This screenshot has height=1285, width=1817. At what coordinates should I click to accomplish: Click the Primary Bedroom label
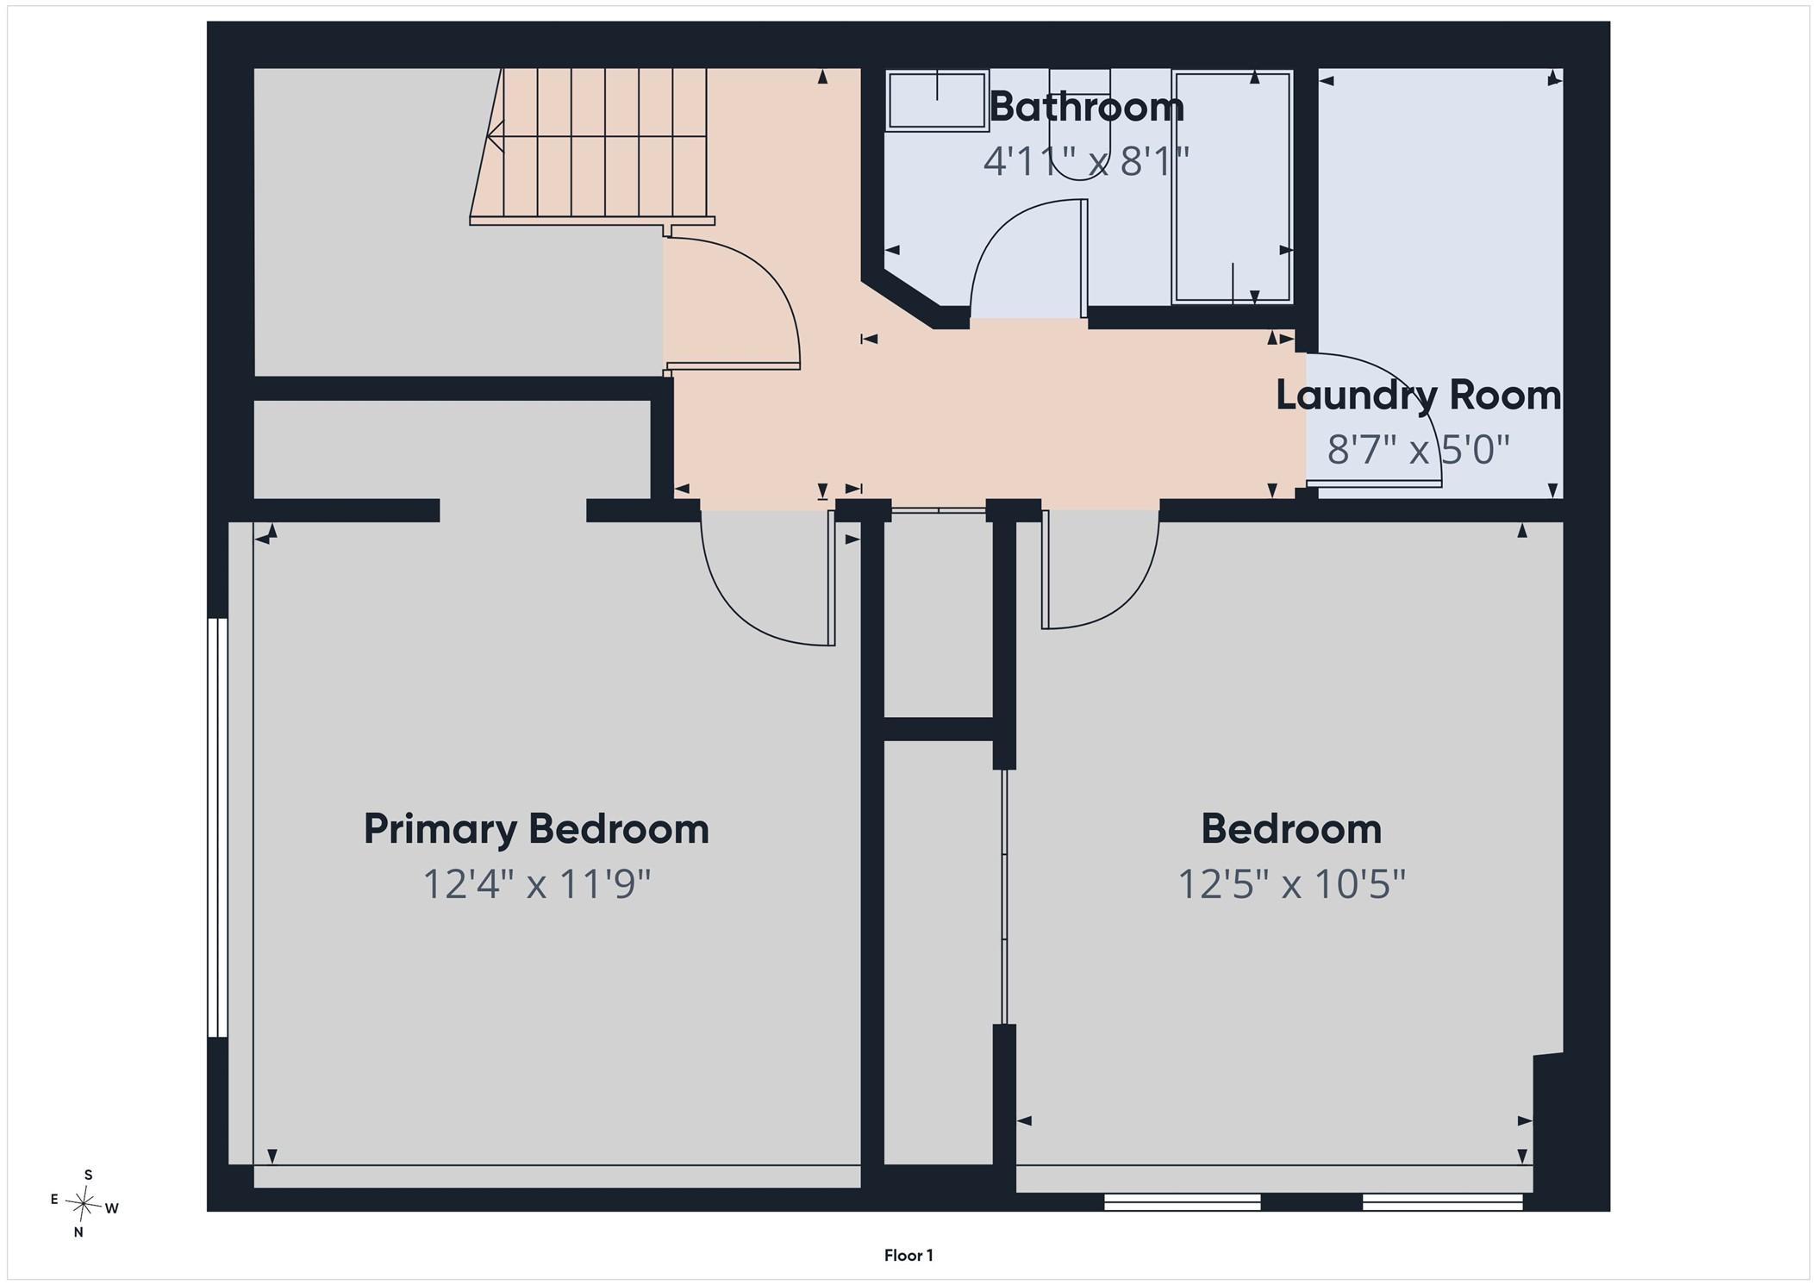(536, 829)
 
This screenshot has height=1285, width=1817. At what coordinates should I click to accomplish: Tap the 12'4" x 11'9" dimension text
(536, 884)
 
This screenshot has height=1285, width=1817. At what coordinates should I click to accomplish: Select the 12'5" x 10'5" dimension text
(1291, 884)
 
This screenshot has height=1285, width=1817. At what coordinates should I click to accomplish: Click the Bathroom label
(1087, 107)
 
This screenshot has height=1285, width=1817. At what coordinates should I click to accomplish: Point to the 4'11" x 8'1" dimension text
(1086, 161)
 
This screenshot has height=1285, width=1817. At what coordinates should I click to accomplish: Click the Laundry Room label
(1419, 396)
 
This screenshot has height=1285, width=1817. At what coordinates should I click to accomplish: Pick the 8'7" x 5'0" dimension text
(1419, 449)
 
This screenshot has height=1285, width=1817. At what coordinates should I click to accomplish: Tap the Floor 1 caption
(908, 1256)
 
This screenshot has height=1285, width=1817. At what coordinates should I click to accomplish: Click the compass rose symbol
(84, 1203)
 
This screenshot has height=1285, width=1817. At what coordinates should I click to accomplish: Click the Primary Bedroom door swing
(768, 577)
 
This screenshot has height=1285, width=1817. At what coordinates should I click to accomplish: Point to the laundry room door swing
(1373, 420)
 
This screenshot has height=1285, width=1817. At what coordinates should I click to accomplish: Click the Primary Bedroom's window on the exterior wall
(217, 827)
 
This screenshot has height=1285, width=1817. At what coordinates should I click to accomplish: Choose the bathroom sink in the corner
(937, 101)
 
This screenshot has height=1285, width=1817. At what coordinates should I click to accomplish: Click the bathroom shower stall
(1233, 187)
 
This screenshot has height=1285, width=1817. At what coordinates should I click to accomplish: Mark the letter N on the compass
(78, 1232)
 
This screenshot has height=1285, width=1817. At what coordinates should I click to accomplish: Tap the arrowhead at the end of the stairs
(495, 136)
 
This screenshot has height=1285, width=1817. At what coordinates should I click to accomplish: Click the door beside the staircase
(732, 303)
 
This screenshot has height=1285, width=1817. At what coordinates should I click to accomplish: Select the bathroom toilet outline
(1079, 125)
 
